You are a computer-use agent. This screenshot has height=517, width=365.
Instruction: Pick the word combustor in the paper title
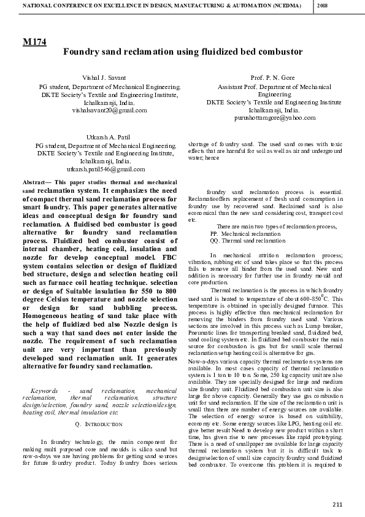(278, 53)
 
